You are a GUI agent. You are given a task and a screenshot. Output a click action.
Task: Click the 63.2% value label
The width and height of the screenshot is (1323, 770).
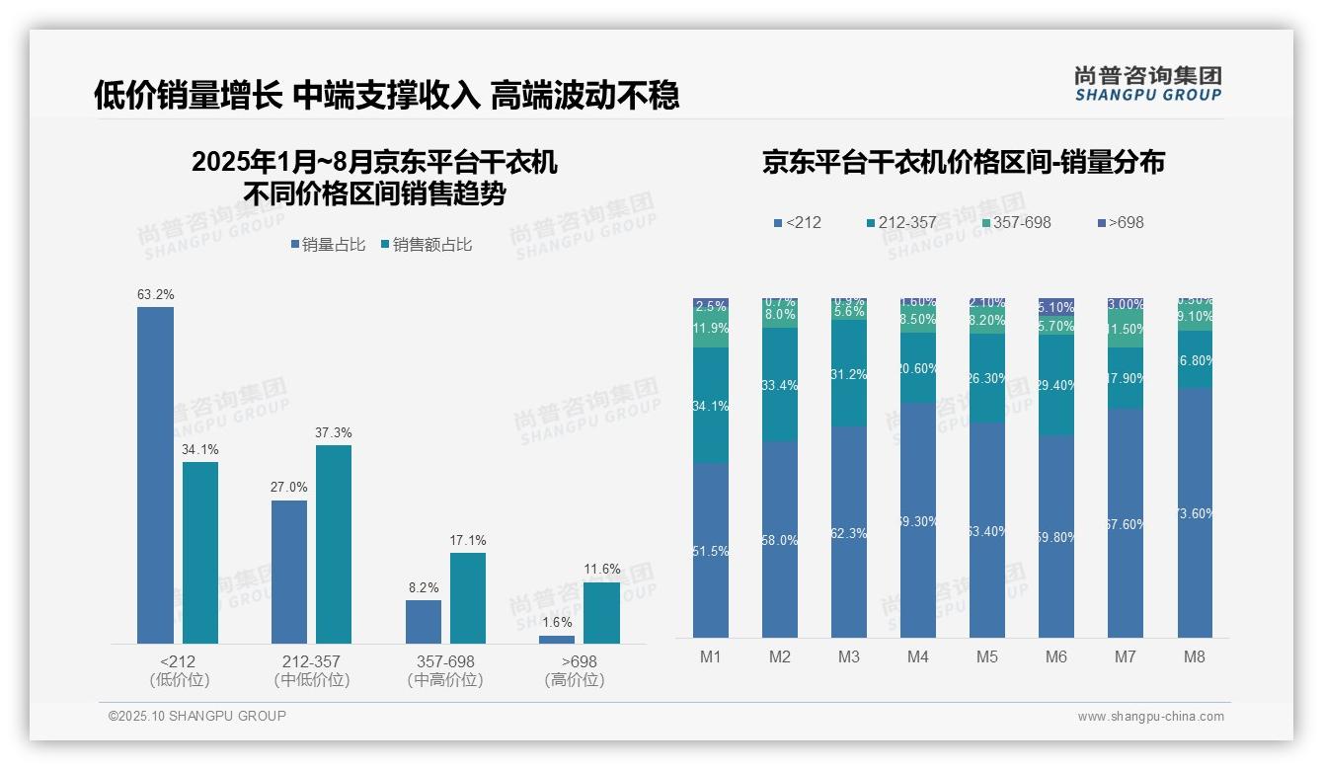coord(155,294)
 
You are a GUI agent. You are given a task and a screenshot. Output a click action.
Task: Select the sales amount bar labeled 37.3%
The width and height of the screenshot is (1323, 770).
coord(334,544)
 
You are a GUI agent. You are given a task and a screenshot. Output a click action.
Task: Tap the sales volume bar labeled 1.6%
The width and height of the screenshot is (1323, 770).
coord(557,640)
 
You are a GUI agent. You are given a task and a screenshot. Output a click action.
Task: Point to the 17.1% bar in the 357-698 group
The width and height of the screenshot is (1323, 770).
coord(468,598)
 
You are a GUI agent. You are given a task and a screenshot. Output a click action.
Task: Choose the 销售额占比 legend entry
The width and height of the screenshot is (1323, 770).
coord(426,245)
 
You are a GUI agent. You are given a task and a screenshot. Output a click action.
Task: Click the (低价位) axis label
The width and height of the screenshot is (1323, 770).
coord(179,680)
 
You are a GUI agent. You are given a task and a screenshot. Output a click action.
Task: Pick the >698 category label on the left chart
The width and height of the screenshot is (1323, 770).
coord(579,661)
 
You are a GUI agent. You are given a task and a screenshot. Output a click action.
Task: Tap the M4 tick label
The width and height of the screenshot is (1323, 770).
coord(918,656)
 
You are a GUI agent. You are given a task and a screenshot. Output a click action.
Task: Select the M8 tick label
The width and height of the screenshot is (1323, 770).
coord(1194,656)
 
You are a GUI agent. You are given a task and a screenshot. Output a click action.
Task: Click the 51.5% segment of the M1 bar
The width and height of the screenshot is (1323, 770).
coord(711,551)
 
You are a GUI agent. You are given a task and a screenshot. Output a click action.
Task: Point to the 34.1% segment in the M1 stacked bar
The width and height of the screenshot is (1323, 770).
coord(711,406)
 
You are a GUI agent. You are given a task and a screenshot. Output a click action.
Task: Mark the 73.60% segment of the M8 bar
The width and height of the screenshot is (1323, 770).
coord(1194,512)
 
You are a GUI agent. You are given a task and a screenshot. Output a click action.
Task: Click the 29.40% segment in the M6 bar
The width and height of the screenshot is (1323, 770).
coord(1056,385)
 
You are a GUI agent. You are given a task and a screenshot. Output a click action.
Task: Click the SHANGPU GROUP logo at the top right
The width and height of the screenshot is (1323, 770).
coord(1148,83)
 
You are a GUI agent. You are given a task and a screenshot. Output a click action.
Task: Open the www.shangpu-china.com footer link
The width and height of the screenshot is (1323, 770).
coord(1150,717)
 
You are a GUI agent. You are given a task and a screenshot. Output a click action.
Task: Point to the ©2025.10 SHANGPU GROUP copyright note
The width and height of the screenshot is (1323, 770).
coord(197,716)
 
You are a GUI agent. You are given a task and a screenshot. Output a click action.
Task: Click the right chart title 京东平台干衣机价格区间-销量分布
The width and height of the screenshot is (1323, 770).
coord(963,162)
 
